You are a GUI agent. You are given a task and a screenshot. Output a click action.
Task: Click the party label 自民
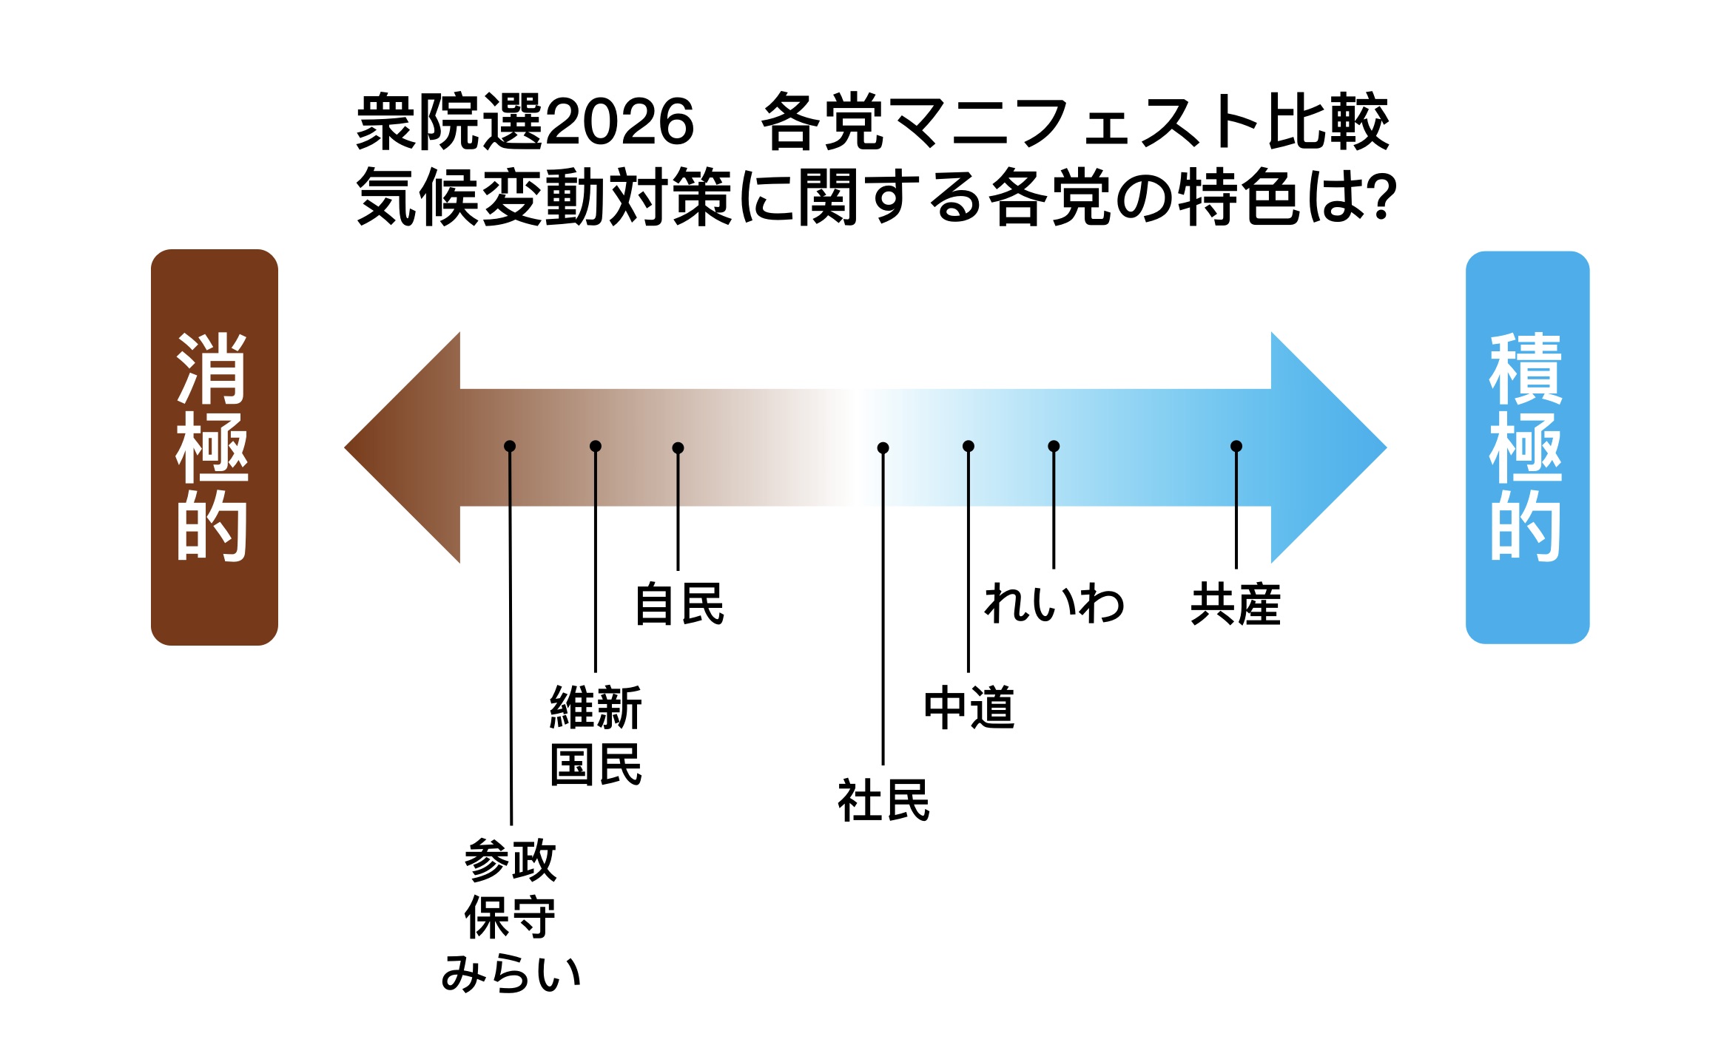pyautogui.click(x=679, y=604)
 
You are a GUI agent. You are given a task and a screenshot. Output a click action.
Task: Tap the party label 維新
pyautogui.click(x=596, y=708)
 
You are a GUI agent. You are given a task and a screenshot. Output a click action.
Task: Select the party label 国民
pyautogui.click(x=596, y=765)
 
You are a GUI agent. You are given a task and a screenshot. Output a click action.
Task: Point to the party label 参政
pyautogui.click(x=511, y=860)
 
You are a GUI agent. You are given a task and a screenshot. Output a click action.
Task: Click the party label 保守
pyautogui.click(x=511, y=917)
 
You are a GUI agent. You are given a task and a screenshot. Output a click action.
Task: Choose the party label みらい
pyautogui.click(x=511, y=973)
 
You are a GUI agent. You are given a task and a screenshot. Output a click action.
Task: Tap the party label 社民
pyautogui.click(x=883, y=801)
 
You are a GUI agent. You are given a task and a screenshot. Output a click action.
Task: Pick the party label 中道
pyautogui.click(x=969, y=708)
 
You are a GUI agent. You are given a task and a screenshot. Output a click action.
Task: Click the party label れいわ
pyautogui.click(x=1054, y=604)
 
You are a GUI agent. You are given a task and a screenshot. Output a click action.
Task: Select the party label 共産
pyautogui.click(x=1236, y=604)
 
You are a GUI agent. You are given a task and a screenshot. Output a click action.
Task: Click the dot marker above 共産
pyautogui.click(x=1236, y=446)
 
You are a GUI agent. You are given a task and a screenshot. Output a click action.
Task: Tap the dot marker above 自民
pyautogui.click(x=678, y=447)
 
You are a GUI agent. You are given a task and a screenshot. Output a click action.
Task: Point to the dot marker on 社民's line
pyautogui.click(x=883, y=447)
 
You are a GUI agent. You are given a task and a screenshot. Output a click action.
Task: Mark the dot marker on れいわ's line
pyautogui.click(x=1054, y=446)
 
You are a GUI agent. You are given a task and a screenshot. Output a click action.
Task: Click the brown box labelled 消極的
pyautogui.click(x=215, y=447)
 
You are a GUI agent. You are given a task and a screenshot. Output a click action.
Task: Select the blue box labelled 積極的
pyautogui.click(x=1527, y=447)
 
